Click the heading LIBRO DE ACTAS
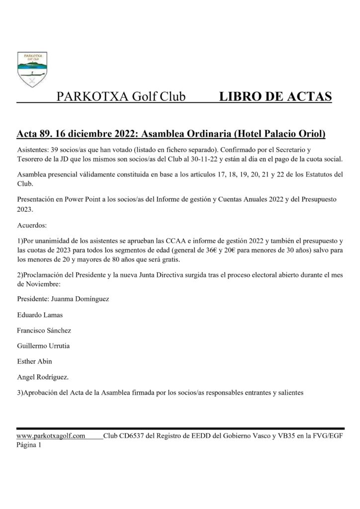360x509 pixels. [275, 96]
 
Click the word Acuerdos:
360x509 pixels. [32, 225]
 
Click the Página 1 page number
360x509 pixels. [29, 445]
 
